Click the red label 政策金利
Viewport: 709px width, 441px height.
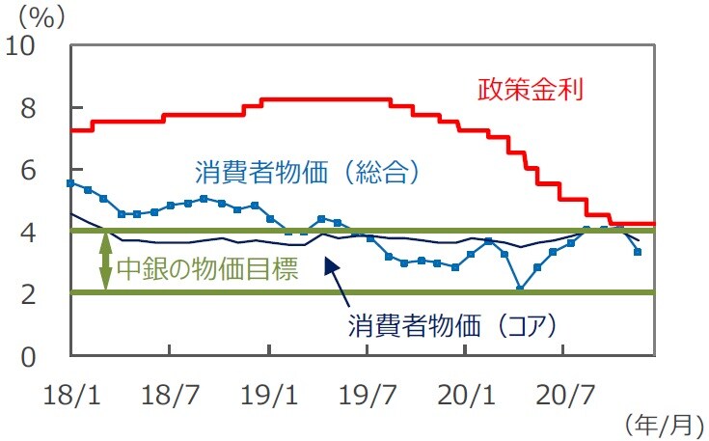[532, 91]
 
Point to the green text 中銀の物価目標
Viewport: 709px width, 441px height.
[206, 267]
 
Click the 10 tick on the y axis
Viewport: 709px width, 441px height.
[25, 46]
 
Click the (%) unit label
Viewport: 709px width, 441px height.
[33, 15]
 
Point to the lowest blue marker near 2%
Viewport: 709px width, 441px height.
[520, 288]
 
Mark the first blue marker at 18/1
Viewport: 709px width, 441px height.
[70, 182]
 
